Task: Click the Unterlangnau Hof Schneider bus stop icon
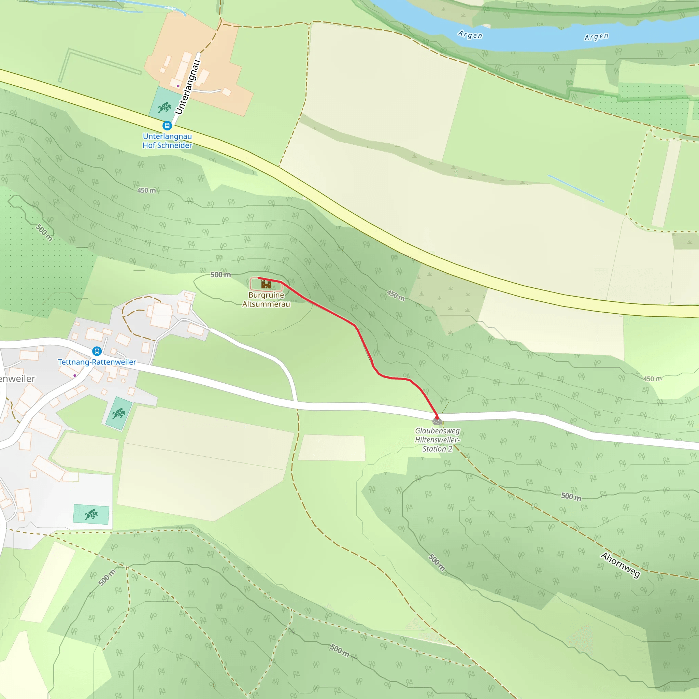(x=167, y=126)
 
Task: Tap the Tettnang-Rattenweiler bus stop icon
(x=97, y=351)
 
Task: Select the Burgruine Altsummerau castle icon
(x=266, y=284)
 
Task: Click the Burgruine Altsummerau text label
(x=266, y=300)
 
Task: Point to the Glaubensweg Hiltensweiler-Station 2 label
(x=437, y=440)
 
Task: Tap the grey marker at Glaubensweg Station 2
(x=437, y=421)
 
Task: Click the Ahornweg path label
(x=620, y=565)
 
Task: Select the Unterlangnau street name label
(x=187, y=87)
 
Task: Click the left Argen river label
(x=470, y=35)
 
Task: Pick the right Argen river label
(x=596, y=37)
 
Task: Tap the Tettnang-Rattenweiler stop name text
(x=97, y=362)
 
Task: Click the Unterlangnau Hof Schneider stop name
(x=167, y=141)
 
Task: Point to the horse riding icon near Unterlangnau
(x=165, y=107)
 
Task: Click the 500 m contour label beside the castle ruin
(x=221, y=275)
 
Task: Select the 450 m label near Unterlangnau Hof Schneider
(x=146, y=190)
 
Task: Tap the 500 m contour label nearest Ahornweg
(x=571, y=496)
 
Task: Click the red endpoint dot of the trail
(x=437, y=417)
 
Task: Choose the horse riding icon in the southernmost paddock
(x=91, y=514)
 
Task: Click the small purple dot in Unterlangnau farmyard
(x=178, y=86)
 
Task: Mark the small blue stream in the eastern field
(x=575, y=188)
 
